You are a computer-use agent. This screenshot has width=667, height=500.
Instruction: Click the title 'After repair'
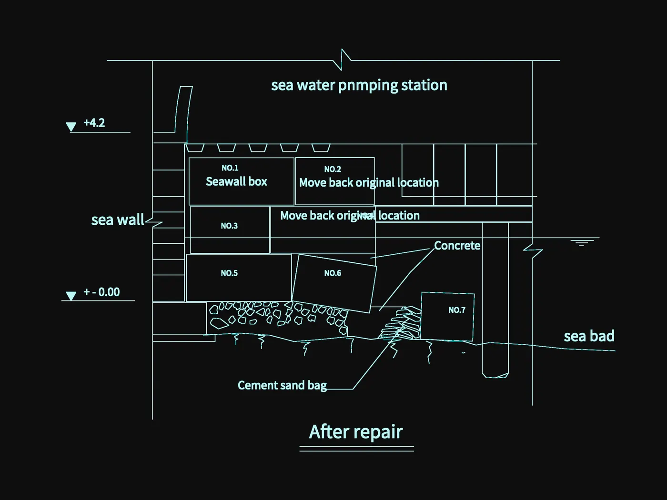[356, 432]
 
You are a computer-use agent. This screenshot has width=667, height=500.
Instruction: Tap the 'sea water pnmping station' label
[359, 85]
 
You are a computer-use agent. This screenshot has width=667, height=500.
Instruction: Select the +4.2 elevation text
[94, 123]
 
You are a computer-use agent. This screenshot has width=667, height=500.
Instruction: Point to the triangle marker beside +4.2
[71, 127]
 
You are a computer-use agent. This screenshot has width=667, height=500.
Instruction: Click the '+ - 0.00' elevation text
[101, 292]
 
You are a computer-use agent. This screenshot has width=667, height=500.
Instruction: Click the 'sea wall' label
[118, 220]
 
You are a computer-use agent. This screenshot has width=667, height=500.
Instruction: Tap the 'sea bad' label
[589, 336]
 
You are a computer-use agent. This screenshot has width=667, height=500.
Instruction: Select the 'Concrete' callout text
[457, 246]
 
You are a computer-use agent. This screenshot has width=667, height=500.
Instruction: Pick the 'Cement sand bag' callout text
[283, 386]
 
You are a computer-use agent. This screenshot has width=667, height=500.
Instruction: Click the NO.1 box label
[230, 168]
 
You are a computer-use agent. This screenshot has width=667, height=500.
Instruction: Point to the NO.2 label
[333, 169]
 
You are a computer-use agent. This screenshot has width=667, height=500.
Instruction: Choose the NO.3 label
[230, 226]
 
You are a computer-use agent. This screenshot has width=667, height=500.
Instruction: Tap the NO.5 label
[230, 273]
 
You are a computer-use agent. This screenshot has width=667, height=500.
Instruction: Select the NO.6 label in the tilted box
[333, 273]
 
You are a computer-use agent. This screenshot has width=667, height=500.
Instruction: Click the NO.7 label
[457, 310]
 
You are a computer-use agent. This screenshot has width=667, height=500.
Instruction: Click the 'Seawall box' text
[236, 181]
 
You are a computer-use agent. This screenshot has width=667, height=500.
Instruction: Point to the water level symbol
[582, 243]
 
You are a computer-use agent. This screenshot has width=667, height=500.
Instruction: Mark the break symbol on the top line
[342, 60]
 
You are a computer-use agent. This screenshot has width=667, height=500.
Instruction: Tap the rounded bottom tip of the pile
[495, 376]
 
